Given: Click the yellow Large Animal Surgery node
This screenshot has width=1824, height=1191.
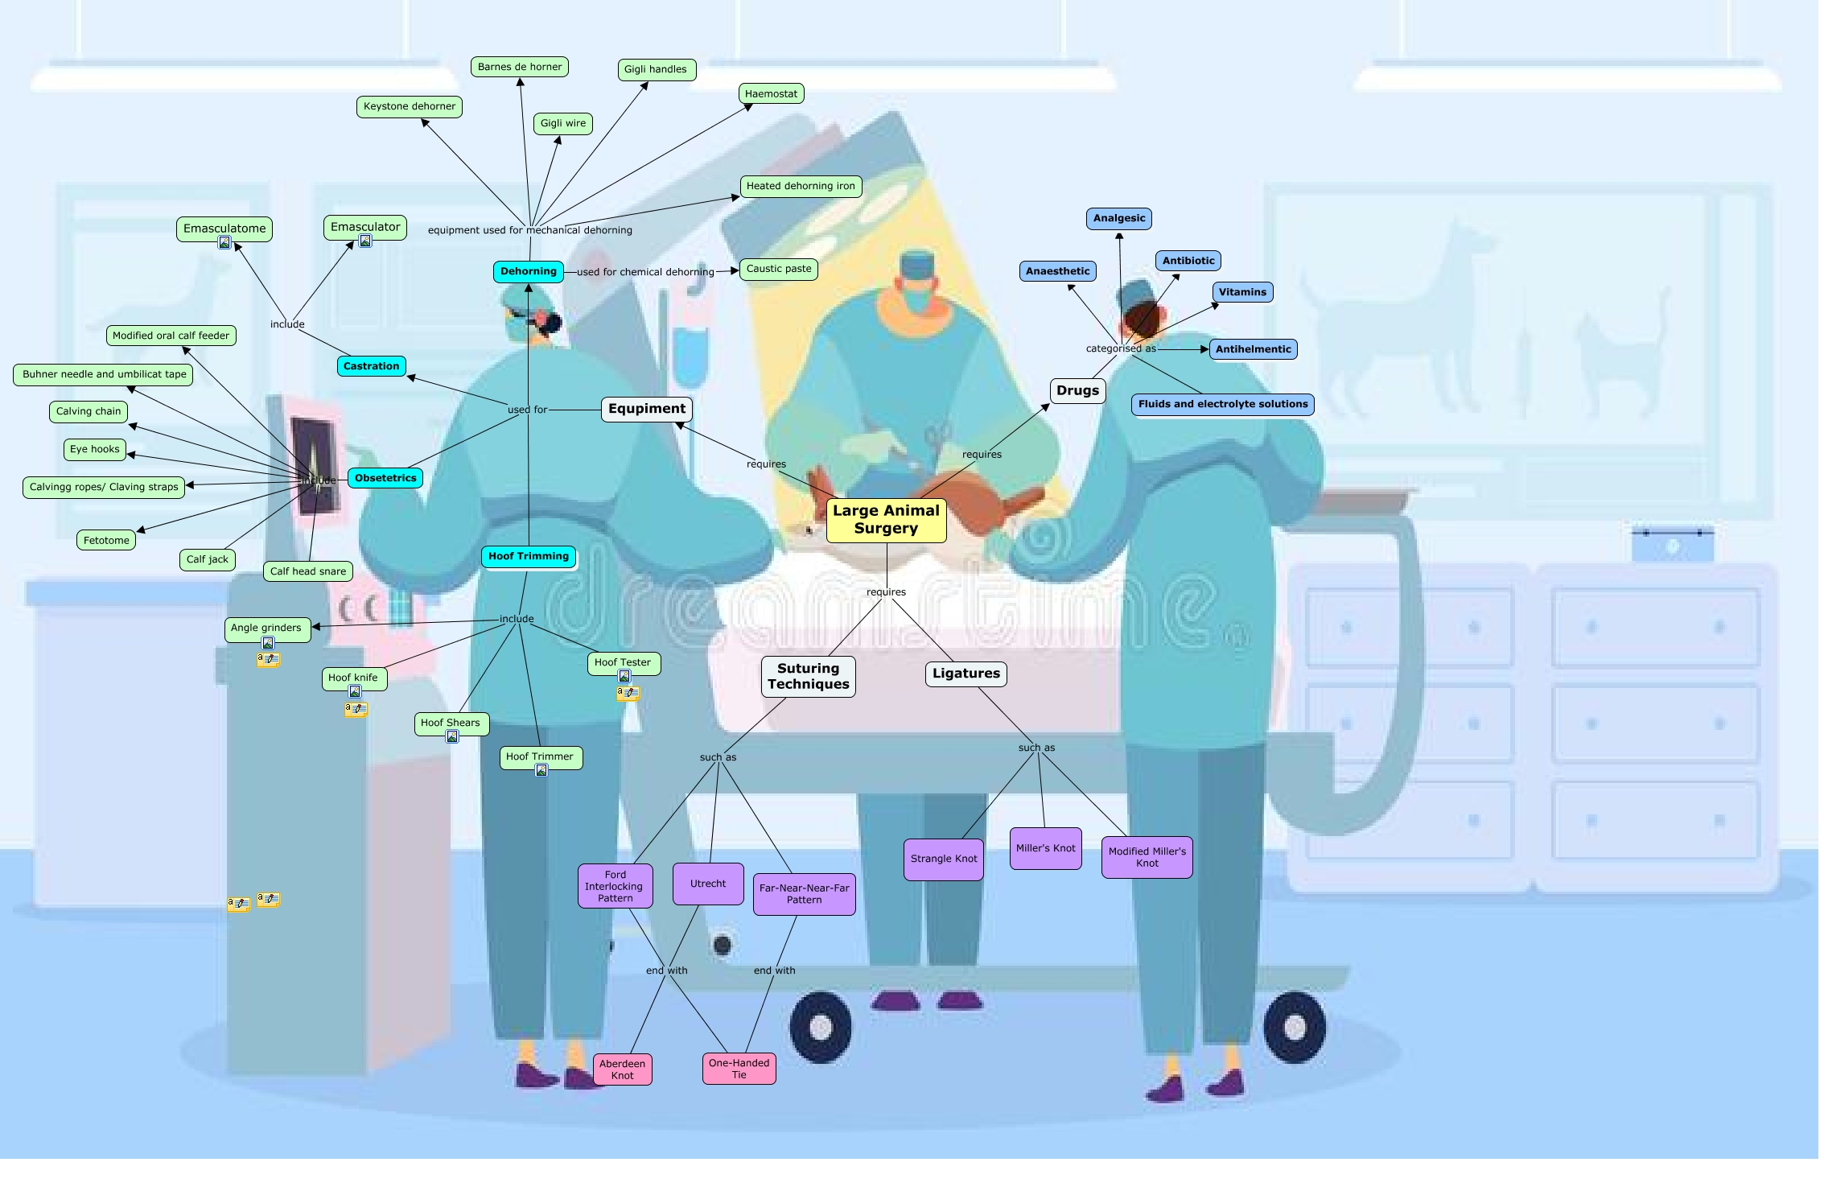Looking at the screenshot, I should (886, 520).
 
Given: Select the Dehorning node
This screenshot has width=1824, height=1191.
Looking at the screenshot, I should (528, 272).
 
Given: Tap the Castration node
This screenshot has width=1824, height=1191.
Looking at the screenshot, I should (371, 366).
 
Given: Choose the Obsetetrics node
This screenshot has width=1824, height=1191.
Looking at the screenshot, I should (385, 478).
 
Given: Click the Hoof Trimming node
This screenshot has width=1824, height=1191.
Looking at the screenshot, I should (528, 556).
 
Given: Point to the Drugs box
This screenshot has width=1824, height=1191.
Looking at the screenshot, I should (1077, 391).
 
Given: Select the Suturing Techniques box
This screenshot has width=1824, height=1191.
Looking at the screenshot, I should (808, 676).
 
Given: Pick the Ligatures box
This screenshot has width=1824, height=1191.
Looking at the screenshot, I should (966, 674).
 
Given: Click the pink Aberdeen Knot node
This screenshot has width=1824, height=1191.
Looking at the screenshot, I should (622, 1069).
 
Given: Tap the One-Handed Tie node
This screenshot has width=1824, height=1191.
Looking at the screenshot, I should (739, 1069).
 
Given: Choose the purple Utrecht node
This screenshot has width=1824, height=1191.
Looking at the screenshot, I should (708, 884).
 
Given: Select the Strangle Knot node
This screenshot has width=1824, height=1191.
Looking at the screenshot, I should (943, 859).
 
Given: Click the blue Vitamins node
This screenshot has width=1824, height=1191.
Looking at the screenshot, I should (1242, 292).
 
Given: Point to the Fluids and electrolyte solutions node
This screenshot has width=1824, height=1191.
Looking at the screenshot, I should (1222, 404).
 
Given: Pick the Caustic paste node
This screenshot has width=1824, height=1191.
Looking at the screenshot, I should (779, 269).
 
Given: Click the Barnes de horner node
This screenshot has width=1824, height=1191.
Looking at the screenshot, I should (520, 67).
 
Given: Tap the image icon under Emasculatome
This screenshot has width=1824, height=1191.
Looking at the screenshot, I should (224, 243).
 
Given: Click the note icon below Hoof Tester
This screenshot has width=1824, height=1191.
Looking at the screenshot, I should (628, 693).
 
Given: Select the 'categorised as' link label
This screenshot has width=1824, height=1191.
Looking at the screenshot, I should (1120, 348).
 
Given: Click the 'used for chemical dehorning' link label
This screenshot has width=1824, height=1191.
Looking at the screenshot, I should (644, 272).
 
